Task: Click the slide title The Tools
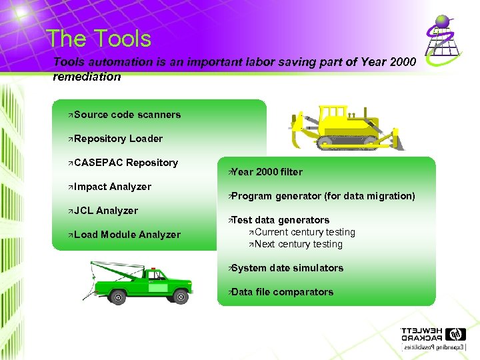99,39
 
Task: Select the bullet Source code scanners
127,115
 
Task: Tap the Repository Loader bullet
118,139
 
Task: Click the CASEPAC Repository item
126,163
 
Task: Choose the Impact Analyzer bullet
113,187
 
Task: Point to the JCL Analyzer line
106,211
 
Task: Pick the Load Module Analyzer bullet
127,235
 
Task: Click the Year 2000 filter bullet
266,172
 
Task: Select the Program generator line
323,196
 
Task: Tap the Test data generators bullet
280,220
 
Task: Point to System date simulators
287,268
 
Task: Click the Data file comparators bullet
282,292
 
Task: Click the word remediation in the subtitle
87,77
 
